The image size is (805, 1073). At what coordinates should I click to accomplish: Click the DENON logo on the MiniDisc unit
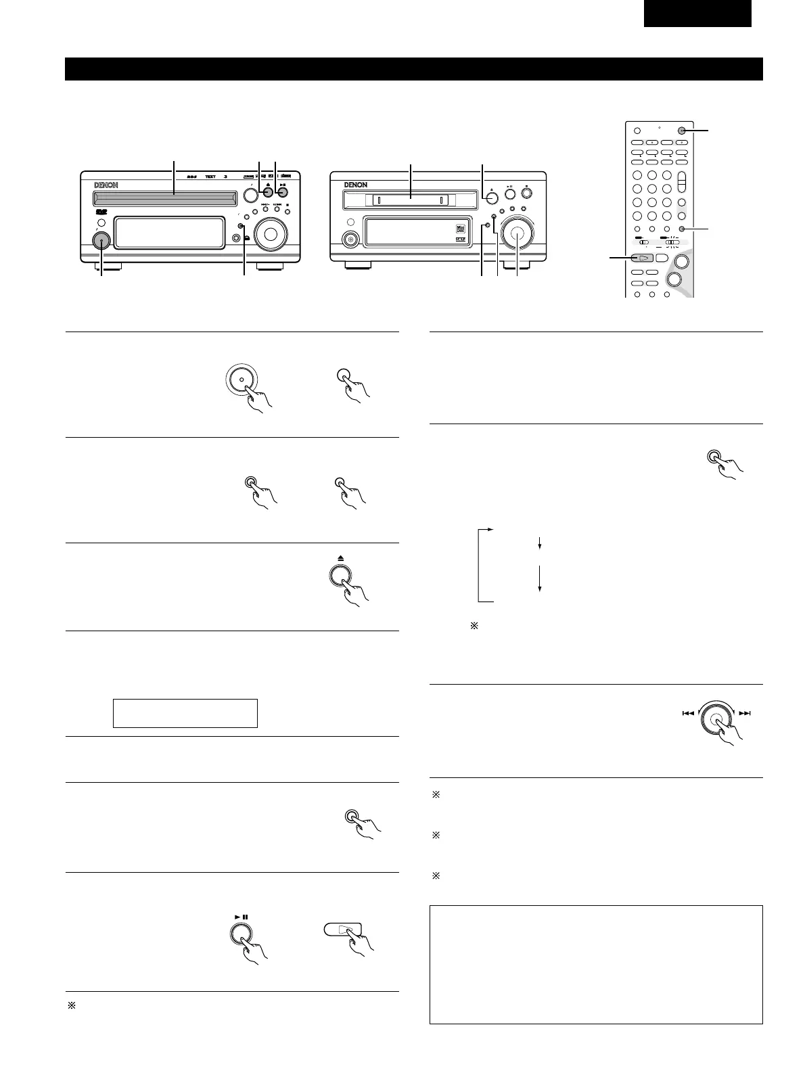click(352, 185)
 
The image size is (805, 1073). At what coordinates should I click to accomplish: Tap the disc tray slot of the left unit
click(165, 198)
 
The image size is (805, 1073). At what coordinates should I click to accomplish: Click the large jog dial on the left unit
click(271, 233)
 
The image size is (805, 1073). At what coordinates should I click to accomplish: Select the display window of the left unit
click(169, 233)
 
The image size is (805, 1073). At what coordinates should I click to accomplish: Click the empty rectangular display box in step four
click(185, 713)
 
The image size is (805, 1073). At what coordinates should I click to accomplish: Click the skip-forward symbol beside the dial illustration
click(745, 713)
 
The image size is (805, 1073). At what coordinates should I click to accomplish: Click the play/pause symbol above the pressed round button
click(242, 917)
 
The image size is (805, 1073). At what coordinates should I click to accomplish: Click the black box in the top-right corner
click(697, 14)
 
